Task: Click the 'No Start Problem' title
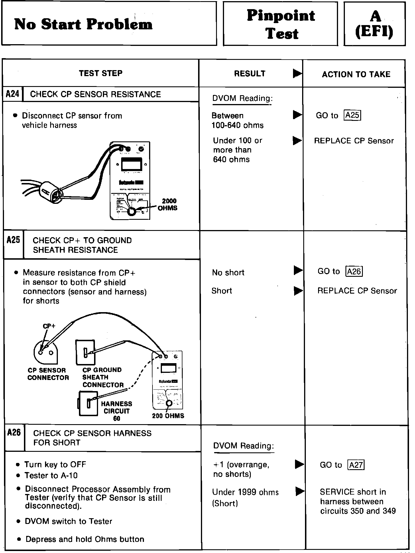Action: pos(83,24)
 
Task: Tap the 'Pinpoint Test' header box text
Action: pos(281,25)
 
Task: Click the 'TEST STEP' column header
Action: pos(101,73)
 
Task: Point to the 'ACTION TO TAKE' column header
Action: pos(356,74)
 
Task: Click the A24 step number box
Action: pos(12,94)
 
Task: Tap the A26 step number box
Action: pos(14,433)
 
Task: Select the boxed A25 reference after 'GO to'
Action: pos(353,115)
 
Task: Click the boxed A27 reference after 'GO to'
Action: pos(356,465)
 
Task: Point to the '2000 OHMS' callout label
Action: pos(168,204)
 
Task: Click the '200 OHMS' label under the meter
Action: pos(168,416)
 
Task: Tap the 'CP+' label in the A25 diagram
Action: pos(49,326)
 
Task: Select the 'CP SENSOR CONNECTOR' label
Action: pos(48,374)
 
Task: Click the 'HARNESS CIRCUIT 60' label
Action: pos(117,411)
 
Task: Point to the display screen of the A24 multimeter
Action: pos(132,164)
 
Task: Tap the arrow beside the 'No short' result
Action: pos(298,270)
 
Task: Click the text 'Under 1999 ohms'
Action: pos(245,492)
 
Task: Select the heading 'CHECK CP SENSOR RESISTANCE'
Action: pos(95,94)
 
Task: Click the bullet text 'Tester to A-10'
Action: pos(51,475)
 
